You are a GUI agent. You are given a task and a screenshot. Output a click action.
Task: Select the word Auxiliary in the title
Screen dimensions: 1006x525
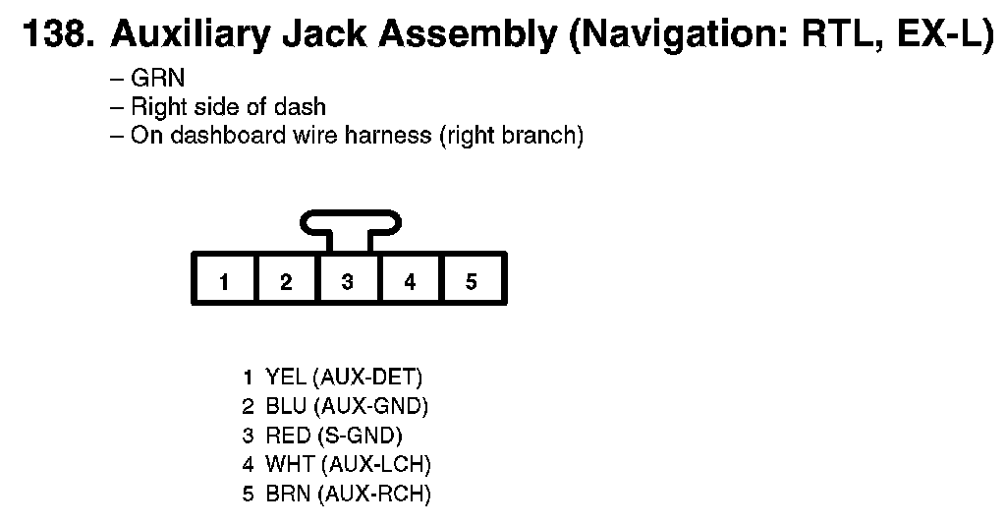[191, 34]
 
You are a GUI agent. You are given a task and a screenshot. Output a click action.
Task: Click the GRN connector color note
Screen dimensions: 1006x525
[157, 78]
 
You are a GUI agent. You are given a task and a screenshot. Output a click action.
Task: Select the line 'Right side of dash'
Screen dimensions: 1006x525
[228, 106]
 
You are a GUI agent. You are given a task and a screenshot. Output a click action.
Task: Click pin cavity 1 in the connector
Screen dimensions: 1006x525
[224, 278]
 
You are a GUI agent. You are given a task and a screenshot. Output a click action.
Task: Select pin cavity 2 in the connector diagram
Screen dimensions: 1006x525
[287, 278]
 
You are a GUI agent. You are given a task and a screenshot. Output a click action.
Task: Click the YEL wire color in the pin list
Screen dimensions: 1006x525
[286, 377]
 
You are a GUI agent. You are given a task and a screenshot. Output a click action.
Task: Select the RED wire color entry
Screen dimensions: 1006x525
[288, 436]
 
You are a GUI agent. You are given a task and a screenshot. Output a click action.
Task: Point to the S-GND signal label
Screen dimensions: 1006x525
[360, 436]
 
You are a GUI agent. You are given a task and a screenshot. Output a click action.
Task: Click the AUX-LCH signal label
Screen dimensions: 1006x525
[375, 465]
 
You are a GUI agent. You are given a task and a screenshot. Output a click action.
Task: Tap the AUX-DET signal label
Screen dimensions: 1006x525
[367, 377]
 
